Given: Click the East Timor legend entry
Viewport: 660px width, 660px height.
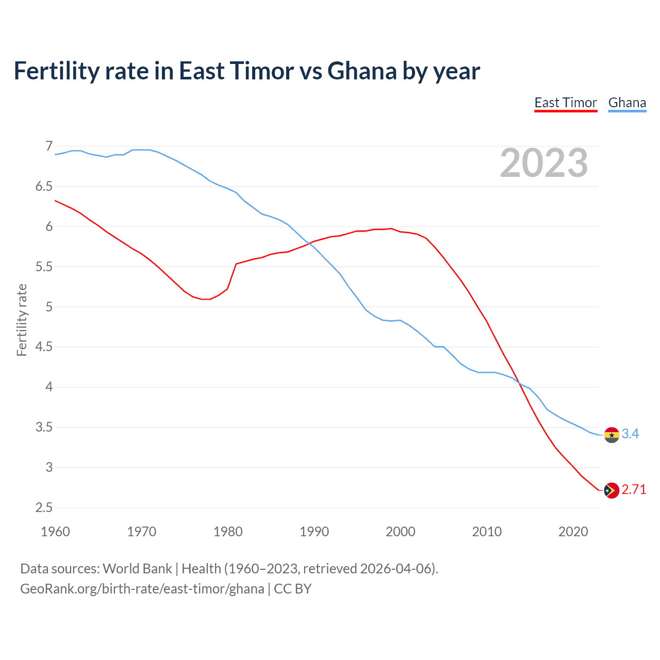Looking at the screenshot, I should pos(566,103).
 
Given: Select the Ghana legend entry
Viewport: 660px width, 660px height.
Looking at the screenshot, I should pos(627,103).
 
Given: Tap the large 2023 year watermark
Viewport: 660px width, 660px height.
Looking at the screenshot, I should pos(544,163).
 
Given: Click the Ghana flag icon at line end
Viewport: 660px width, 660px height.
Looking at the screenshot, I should pos(612,435).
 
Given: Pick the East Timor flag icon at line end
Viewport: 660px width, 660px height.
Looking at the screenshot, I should pos(612,490).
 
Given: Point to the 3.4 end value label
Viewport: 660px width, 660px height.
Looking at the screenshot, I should pos(630,434).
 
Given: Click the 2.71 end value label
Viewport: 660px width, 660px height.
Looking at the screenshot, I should pos(634,490).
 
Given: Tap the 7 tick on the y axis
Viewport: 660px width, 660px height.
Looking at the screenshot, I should pos(49,146).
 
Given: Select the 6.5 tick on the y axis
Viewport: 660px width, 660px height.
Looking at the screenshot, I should pos(44,187).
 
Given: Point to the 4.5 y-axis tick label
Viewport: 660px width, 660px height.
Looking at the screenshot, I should pos(44,347).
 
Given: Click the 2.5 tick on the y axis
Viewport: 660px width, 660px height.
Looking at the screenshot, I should pos(44,508).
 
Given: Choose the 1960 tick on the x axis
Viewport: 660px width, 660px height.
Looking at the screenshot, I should pos(55,532).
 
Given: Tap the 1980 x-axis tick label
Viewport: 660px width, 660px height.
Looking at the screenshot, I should pos(228,532).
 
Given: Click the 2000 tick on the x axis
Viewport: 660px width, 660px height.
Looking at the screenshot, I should pos(401,532).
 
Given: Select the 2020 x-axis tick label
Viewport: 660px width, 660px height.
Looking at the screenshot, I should pos(573,532).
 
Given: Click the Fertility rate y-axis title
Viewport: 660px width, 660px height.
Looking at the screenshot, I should pos(22,320).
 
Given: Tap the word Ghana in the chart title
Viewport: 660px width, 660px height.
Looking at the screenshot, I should pos(362,71).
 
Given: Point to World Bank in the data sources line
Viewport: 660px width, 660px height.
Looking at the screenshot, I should pos(137,569).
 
